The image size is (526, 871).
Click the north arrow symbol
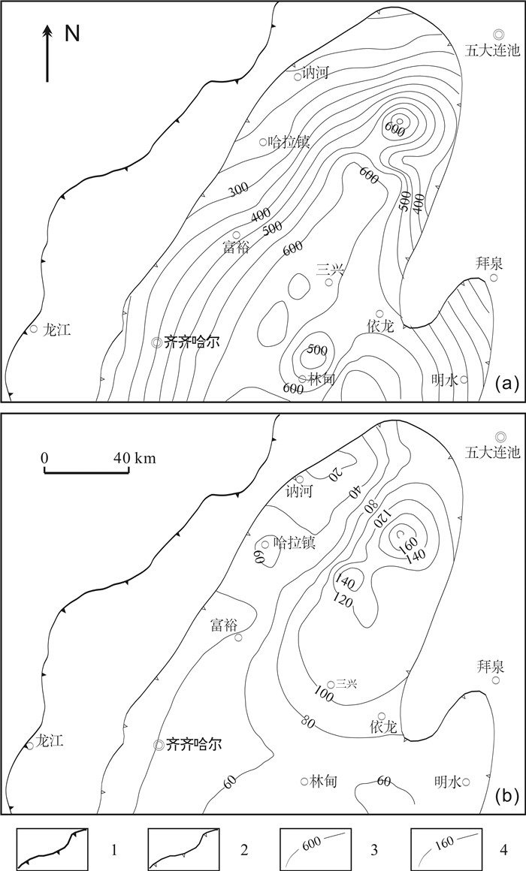[x=48, y=53]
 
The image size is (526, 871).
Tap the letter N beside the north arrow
[x=72, y=34]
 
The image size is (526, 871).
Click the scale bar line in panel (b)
[x=86, y=471]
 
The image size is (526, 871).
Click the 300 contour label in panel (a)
[x=238, y=189]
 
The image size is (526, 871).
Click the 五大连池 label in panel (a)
[x=493, y=51]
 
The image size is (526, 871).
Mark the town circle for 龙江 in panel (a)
[x=33, y=329]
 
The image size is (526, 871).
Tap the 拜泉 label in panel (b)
[x=491, y=665]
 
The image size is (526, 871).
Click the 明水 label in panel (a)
[x=446, y=380]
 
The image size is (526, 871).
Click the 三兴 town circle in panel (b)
[x=331, y=684]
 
